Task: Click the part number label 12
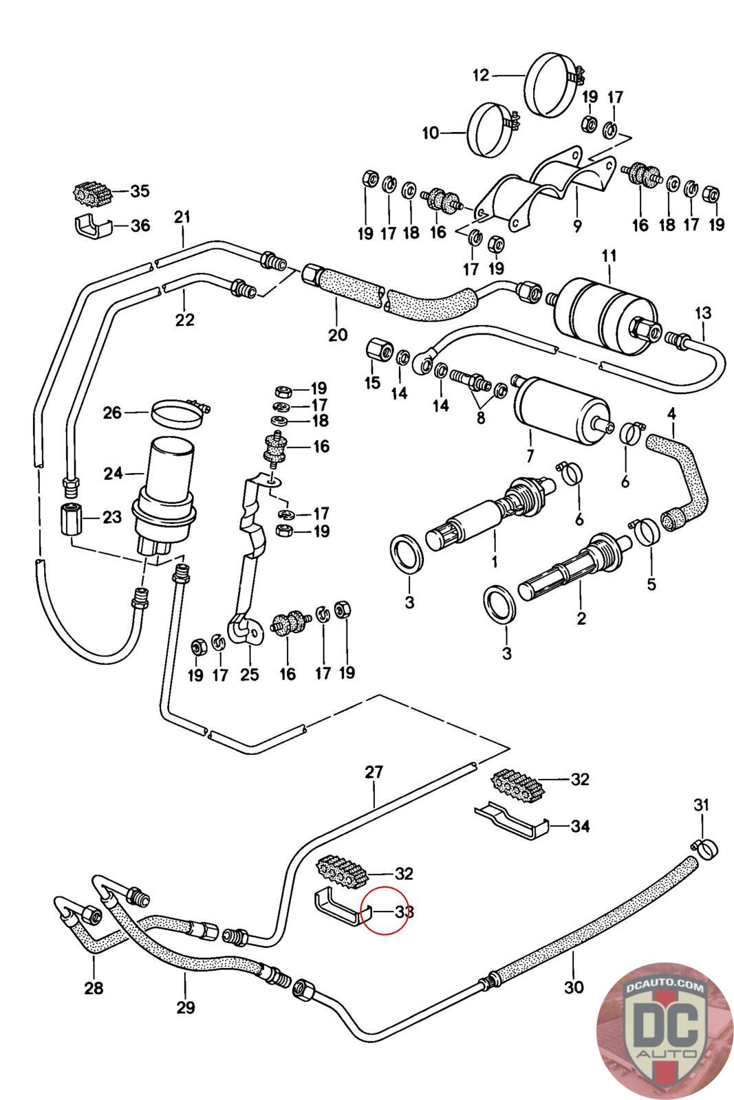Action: (480, 75)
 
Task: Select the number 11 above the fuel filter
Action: (609, 257)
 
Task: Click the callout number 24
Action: (113, 473)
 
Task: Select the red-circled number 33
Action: (404, 912)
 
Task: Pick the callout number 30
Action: (573, 987)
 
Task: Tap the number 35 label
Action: (140, 190)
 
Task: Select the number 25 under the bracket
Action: (249, 674)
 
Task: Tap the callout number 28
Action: (94, 988)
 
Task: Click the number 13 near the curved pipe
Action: (702, 313)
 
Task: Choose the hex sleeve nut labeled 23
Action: (69, 516)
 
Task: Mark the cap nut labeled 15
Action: (378, 351)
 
